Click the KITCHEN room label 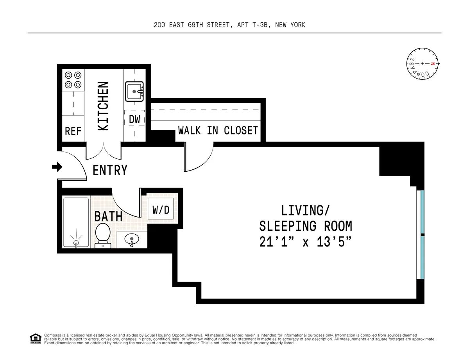(x=103, y=106)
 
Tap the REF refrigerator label (x=73, y=131)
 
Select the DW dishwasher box (x=134, y=119)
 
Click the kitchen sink (x=134, y=91)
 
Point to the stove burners (x=73, y=79)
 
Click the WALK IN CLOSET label (x=218, y=130)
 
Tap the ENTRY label (x=110, y=171)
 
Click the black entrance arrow (x=57, y=167)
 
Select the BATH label (x=108, y=216)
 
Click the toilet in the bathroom (x=103, y=235)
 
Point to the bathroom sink (x=132, y=239)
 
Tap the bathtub (x=76, y=222)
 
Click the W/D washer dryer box (x=161, y=210)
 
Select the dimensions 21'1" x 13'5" (x=305, y=242)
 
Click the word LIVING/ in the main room (x=305, y=210)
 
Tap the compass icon (x=422, y=64)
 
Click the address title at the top (x=230, y=25)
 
